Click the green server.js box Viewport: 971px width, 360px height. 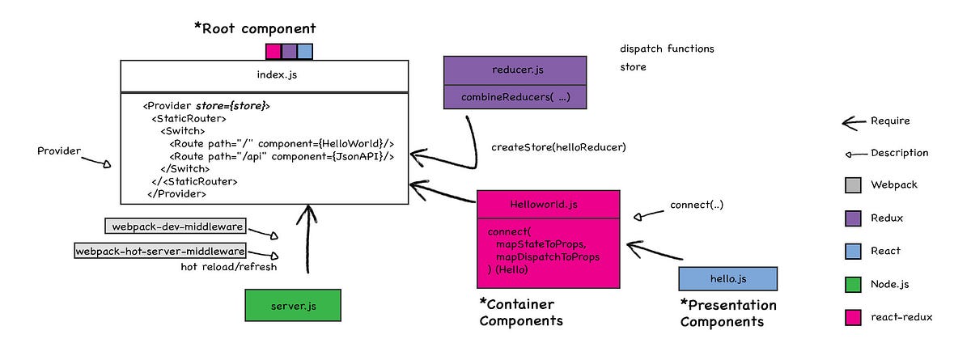(293, 306)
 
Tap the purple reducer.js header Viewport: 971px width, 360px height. (515, 70)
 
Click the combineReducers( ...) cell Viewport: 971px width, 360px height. (515, 96)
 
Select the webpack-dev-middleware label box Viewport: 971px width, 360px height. (176, 226)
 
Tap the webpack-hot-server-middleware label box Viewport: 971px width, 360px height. (160, 251)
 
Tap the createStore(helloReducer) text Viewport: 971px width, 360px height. (558, 147)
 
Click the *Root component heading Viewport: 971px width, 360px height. (255, 28)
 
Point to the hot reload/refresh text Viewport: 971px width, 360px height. (228, 268)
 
